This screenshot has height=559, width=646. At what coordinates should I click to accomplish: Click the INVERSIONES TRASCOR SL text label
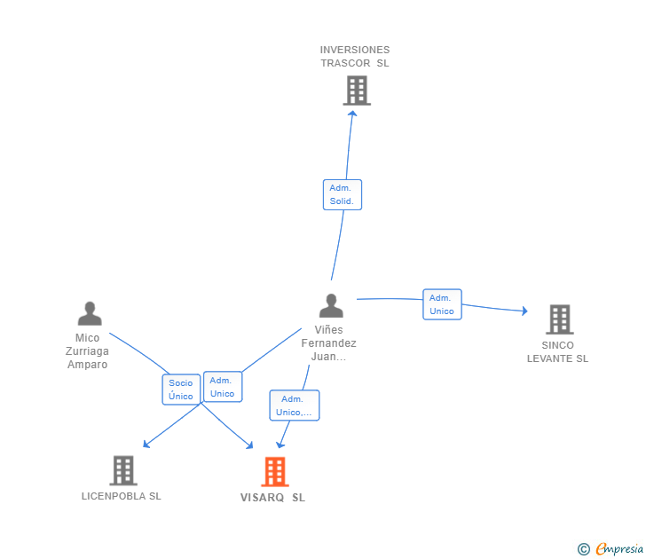(x=355, y=57)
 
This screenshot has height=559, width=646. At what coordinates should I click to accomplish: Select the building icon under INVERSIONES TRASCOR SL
(x=357, y=91)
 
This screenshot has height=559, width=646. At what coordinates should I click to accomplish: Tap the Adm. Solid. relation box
(x=343, y=195)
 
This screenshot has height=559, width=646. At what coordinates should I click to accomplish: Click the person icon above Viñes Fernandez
(x=331, y=305)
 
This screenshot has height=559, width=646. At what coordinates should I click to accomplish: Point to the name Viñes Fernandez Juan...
(x=328, y=343)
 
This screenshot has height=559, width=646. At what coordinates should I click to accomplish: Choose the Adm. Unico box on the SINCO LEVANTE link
(x=442, y=304)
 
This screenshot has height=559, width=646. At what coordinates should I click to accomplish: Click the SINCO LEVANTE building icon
(x=560, y=319)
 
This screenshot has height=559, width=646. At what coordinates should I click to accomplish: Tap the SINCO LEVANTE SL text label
(x=557, y=351)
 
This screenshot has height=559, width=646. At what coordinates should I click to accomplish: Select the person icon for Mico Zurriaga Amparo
(x=90, y=313)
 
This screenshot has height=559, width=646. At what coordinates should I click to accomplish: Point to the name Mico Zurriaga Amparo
(x=87, y=351)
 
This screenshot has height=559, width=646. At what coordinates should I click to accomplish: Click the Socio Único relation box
(x=181, y=390)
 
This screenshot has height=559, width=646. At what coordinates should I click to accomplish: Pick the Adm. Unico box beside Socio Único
(x=223, y=387)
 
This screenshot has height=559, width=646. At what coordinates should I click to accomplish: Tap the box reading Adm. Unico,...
(x=295, y=405)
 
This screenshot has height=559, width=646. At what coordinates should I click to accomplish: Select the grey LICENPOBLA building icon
(x=123, y=470)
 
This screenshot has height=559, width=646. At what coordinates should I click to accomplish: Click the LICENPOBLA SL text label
(x=121, y=496)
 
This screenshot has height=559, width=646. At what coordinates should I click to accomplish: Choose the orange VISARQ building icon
(x=275, y=472)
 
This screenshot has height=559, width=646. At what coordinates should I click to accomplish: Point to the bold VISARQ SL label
(x=272, y=498)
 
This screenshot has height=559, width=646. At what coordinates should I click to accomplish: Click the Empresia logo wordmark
(x=619, y=548)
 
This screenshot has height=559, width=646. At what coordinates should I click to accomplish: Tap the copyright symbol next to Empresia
(x=583, y=549)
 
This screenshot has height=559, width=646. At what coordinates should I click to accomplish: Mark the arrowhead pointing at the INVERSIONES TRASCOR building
(x=352, y=114)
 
